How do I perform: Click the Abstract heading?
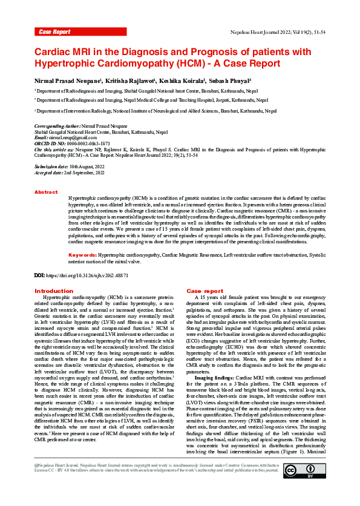coord(46,192)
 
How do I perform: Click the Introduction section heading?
coord(54,291)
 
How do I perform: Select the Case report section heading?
coord(205,291)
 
